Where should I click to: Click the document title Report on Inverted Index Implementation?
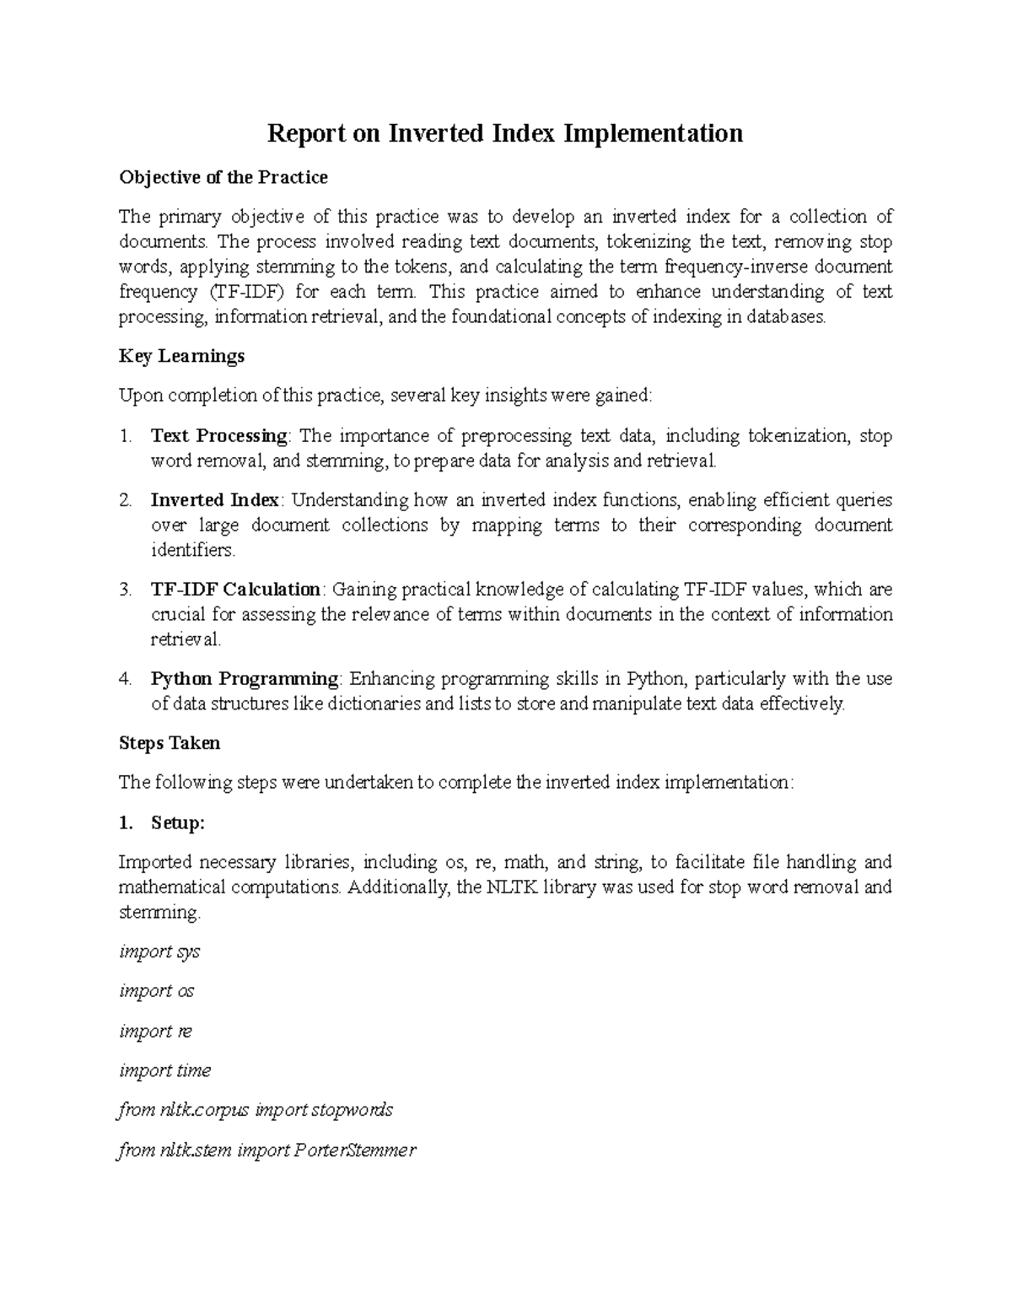[505, 133]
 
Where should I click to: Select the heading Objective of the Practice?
[223, 177]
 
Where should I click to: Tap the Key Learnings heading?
[181, 356]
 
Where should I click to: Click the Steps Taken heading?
[170, 743]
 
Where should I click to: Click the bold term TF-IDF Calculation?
[235, 590]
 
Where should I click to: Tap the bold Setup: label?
[177, 823]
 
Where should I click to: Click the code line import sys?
[159, 952]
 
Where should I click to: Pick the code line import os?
[157, 991]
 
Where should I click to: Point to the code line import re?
[156, 1031]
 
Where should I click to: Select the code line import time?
[165, 1070]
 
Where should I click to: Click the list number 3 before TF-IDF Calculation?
[126, 590]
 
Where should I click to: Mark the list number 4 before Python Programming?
[126, 679]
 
